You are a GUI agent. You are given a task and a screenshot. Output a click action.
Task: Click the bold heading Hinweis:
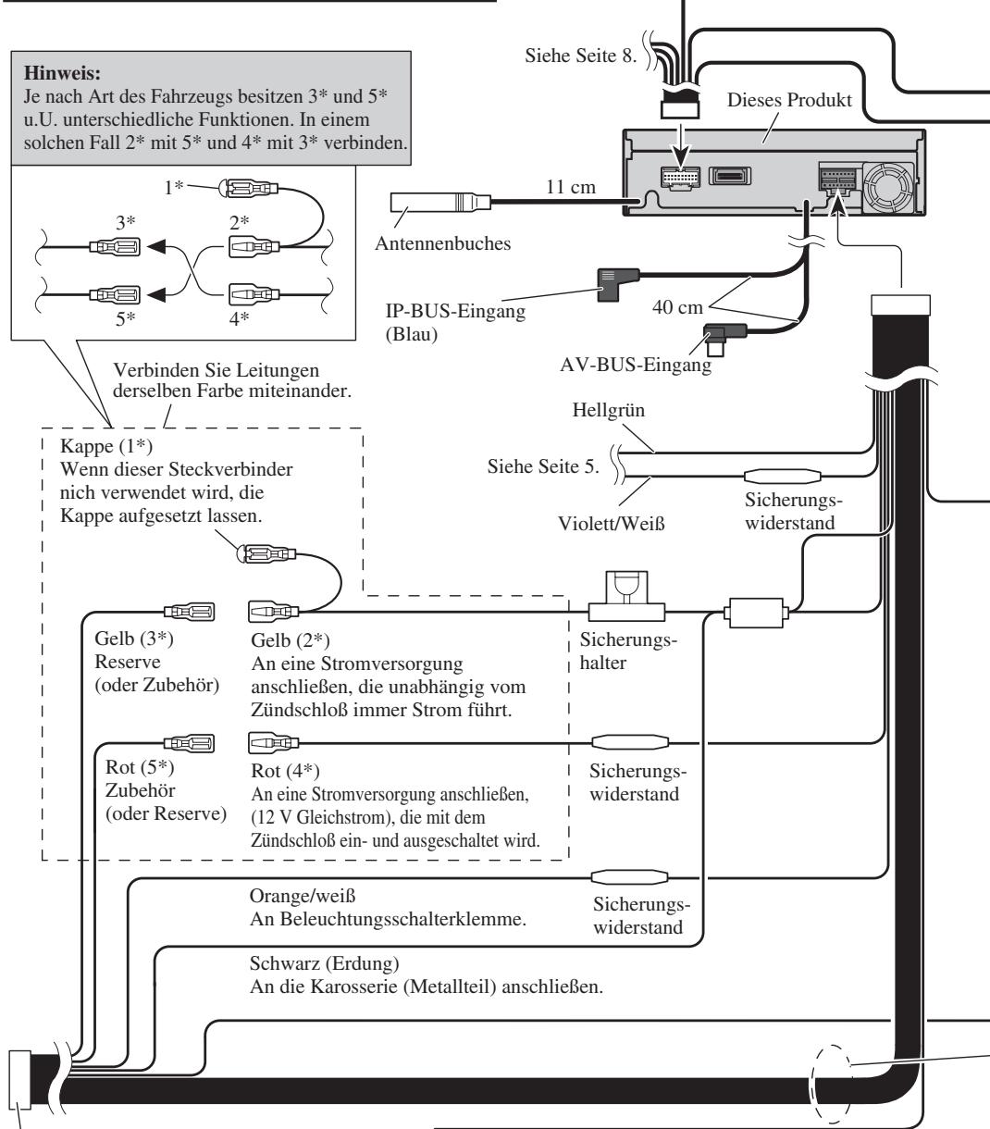click(x=62, y=73)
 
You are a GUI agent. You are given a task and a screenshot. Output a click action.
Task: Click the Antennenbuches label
click(x=442, y=243)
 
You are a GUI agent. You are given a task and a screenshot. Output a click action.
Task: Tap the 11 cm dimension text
click(x=571, y=187)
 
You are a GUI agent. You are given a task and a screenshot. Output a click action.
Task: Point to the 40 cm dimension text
click(x=677, y=307)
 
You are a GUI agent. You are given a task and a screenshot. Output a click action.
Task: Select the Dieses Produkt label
click(x=789, y=100)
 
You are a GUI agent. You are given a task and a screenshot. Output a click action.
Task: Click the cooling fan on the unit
click(x=888, y=188)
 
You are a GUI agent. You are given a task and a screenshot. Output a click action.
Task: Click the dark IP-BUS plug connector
click(x=618, y=284)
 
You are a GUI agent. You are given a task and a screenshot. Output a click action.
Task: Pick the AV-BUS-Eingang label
click(x=636, y=365)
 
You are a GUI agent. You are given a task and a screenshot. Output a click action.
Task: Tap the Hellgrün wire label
click(x=609, y=410)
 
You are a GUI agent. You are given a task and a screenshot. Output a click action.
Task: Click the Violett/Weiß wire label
click(x=612, y=523)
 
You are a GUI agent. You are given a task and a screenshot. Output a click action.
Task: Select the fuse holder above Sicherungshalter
click(x=626, y=596)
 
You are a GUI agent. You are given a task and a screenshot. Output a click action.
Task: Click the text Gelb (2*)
click(x=291, y=640)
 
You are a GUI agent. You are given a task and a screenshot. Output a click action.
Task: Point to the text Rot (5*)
click(x=140, y=767)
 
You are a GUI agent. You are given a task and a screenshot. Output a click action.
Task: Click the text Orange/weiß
click(x=302, y=896)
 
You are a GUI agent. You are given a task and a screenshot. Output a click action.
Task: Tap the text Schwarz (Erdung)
click(x=324, y=963)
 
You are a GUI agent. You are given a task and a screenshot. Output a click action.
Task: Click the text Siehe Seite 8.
click(x=580, y=56)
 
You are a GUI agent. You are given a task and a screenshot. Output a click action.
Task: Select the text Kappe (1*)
click(x=106, y=446)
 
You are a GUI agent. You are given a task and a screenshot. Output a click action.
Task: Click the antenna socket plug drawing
click(x=440, y=202)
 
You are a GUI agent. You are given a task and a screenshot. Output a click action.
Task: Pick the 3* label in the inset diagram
click(x=125, y=223)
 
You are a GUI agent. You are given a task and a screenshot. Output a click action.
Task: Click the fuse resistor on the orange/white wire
click(x=629, y=876)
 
